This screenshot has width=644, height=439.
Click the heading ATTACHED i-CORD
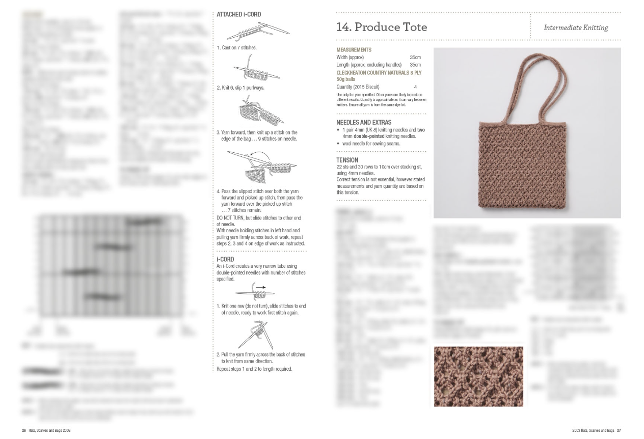[x=238, y=15]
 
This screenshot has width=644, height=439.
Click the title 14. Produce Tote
[x=382, y=27]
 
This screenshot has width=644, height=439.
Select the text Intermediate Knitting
[x=576, y=28]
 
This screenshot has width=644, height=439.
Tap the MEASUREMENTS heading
[x=354, y=50]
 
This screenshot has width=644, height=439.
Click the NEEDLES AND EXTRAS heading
[x=364, y=122]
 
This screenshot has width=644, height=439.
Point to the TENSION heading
[x=347, y=160]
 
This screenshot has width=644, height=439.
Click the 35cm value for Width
[x=415, y=58]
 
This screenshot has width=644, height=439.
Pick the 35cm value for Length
[x=415, y=65]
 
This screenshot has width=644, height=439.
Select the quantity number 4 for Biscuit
[x=415, y=87]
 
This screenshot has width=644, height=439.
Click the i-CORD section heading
[x=225, y=259]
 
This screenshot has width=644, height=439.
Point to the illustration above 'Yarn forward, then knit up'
[x=258, y=111]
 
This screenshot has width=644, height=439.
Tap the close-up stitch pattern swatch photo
[x=478, y=376]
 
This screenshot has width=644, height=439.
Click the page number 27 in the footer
[x=619, y=430]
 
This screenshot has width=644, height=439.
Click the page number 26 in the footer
[x=23, y=430]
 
